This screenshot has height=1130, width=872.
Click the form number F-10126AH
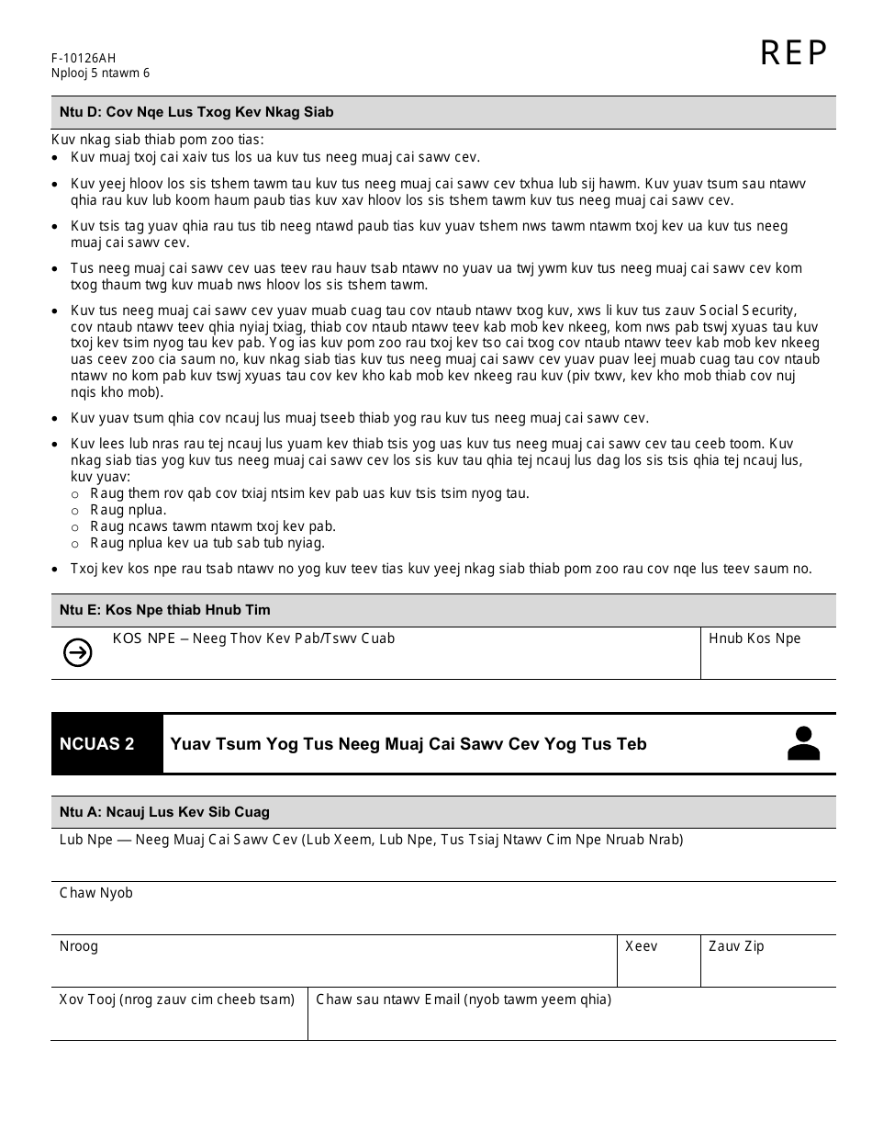tap(84, 58)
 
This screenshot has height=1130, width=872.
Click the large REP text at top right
tap(794, 54)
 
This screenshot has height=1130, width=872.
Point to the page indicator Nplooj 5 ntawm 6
tap(100, 73)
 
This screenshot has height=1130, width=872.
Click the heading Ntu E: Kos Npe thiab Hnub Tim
tap(165, 610)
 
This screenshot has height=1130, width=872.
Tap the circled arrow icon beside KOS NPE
tap(78, 652)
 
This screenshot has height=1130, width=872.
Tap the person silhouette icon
tap(803, 744)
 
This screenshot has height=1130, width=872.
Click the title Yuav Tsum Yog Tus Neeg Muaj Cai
tap(408, 744)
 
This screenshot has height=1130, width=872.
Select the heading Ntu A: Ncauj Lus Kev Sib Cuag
tap(164, 812)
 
